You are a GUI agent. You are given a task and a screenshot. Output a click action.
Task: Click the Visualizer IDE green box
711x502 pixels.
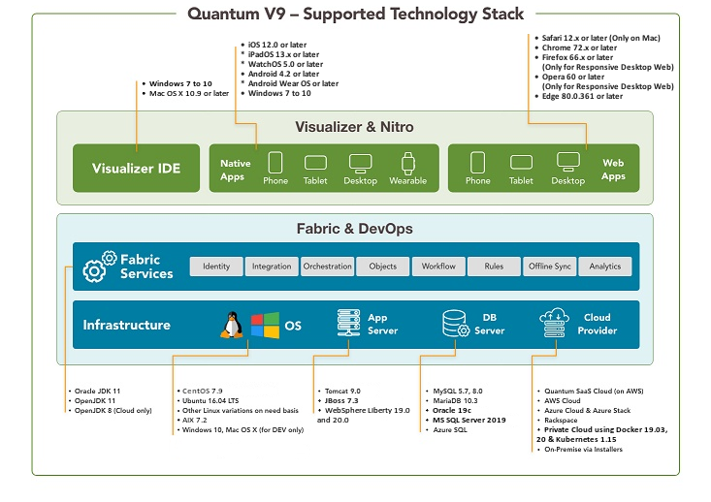coord(136,168)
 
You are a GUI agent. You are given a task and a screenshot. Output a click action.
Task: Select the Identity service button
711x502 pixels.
coord(216,267)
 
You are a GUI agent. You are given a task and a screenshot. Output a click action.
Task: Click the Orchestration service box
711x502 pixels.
coord(328,267)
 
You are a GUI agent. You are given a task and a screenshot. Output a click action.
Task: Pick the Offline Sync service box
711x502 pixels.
coord(550,267)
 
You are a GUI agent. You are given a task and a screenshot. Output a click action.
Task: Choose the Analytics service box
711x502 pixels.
coord(605,267)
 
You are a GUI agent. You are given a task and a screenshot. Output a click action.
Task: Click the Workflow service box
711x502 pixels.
coord(438,267)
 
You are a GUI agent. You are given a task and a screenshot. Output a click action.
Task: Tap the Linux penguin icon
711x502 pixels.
coord(232,325)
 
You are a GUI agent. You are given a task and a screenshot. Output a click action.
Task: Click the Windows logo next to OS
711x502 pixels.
coord(265,325)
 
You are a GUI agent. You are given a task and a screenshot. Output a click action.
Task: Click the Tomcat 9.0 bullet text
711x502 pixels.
coord(341,392)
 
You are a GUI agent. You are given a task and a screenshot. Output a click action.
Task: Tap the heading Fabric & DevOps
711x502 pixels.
coord(354,229)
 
